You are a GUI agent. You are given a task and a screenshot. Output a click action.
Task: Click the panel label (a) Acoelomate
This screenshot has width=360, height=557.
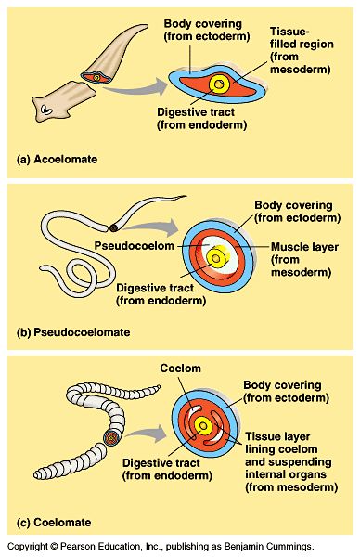[x=58, y=160]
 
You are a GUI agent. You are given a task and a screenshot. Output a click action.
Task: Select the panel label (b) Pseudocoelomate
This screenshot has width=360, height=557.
[x=73, y=331]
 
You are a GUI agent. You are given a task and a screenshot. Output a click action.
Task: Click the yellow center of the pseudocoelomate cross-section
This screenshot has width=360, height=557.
[x=216, y=256]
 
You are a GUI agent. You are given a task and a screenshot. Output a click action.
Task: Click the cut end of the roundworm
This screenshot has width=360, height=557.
[x=113, y=226]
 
